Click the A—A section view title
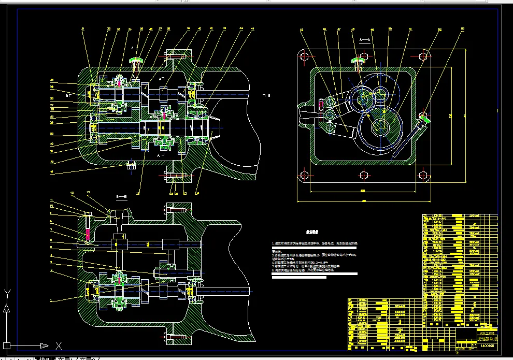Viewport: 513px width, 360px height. pos(365,39)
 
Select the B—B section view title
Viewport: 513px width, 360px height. pos(122,197)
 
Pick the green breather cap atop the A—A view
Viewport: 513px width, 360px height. pos(358,62)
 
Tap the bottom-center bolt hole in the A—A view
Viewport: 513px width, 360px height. pos(362,177)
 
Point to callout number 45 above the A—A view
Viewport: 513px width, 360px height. pos(325,30)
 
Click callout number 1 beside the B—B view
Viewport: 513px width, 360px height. pos(51,300)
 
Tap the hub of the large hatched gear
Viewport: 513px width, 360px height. pos(380,126)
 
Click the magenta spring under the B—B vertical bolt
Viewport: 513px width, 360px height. pos(88,235)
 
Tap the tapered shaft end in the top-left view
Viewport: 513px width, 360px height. pos(215,126)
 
